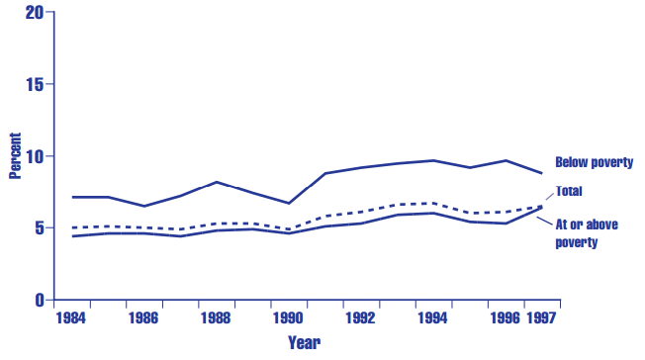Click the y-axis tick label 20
point(35,13)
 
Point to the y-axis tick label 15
point(35,84)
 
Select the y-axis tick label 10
point(35,156)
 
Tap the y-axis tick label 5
point(39,227)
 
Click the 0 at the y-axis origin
point(39,300)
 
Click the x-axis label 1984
point(69,319)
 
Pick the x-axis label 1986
point(142,319)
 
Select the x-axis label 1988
point(216,319)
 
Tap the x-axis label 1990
point(288,319)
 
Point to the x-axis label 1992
point(361,319)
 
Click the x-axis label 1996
point(506,319)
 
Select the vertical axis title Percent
point(15,156)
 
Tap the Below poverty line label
point(594,162)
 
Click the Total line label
point(569,191)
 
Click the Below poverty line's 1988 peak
point(216,182)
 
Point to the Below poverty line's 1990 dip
point(288,203)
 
